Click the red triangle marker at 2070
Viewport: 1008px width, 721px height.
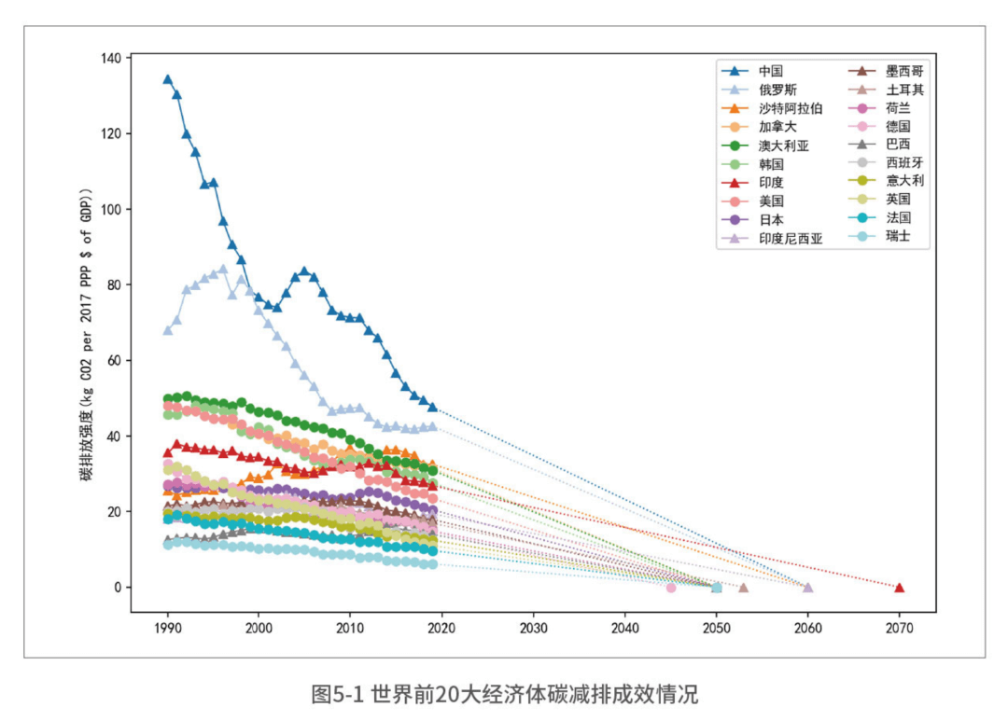[899, 588]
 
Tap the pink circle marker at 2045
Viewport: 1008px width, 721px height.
[670, 588]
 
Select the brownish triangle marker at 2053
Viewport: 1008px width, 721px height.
[743, 588]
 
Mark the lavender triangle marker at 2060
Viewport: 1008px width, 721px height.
[807, 588]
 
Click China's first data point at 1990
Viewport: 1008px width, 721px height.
[168, 79]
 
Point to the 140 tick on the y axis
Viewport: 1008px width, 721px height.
[110, 59]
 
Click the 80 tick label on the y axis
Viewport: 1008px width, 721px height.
[114, 284]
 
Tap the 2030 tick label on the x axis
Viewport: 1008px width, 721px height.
[533, 628]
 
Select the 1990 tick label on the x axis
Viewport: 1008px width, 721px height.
[168, 628]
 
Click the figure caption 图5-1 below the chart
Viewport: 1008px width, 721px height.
[504, 694]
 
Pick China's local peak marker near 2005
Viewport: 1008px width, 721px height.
[304, 271]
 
